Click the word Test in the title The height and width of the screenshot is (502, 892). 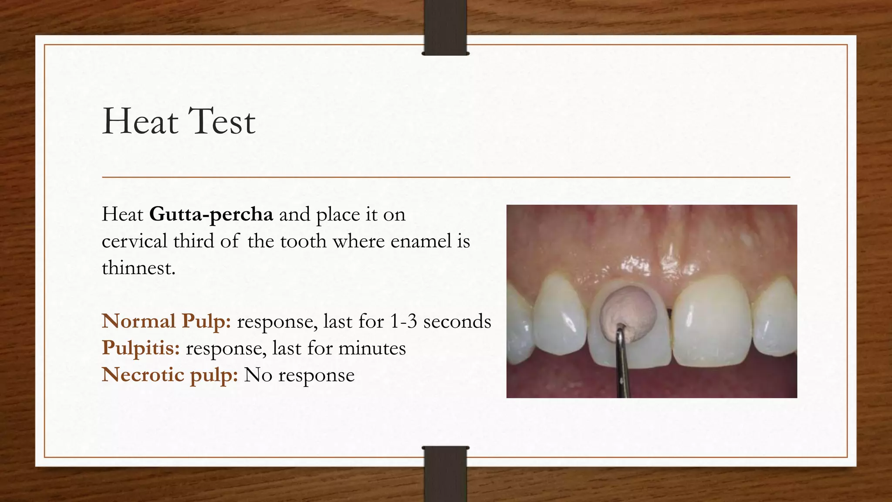tap(222, 121)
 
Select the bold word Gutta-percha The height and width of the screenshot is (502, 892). tap(211, 214)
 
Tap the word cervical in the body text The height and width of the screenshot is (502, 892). tap(135, 241)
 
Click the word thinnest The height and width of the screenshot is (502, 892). tap(139, 268)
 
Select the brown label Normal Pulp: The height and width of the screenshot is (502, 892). tap(166, 322)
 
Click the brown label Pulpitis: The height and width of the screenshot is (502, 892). tap(141, 348)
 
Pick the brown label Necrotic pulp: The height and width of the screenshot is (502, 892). tap(170, 375)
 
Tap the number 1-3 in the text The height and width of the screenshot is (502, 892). tap(403, 322)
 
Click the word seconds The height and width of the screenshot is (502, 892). tap(457, 322)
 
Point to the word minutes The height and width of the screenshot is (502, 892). tap(372, 348)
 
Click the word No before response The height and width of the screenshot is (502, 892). tap(258, 375)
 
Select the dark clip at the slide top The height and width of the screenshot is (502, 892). tap(445, 27)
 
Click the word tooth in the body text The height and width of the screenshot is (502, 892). tap(303, 241)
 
